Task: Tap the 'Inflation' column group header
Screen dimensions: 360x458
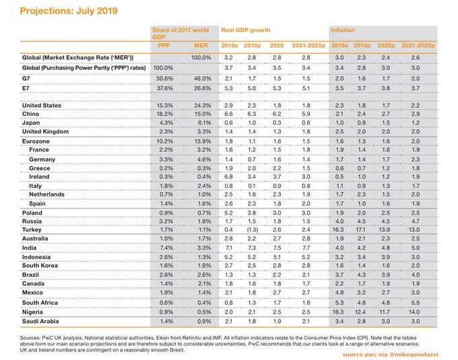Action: [342, 31]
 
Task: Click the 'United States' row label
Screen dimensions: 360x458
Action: [42, 106]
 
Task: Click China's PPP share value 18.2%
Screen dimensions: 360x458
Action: [164, 115]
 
